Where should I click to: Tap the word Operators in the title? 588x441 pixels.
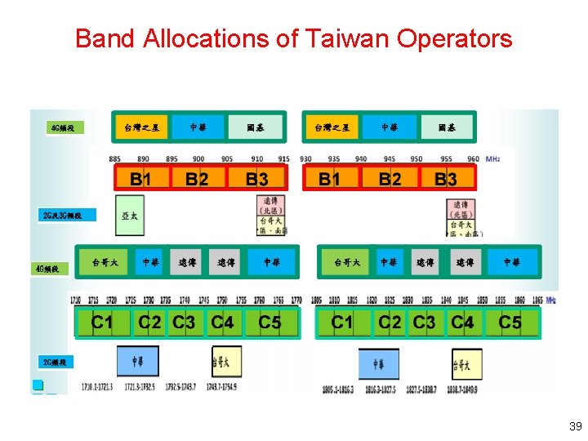point(456,38)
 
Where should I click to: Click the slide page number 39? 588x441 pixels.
point(576,426)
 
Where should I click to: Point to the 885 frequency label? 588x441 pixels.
point(114,158)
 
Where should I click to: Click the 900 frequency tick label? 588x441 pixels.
point(198,158)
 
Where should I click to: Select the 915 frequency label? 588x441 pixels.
point(283,158)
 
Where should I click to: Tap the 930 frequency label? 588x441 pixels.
point(305,158)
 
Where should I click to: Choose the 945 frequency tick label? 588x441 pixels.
point(389,158)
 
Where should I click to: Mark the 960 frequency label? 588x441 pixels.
point(473,158)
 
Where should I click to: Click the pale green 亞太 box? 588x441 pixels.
point(130,216)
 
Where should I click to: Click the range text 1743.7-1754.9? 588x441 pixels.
point(221,386)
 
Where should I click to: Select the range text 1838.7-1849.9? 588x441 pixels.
point(463,390)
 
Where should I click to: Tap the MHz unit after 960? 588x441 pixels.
point(493,158)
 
